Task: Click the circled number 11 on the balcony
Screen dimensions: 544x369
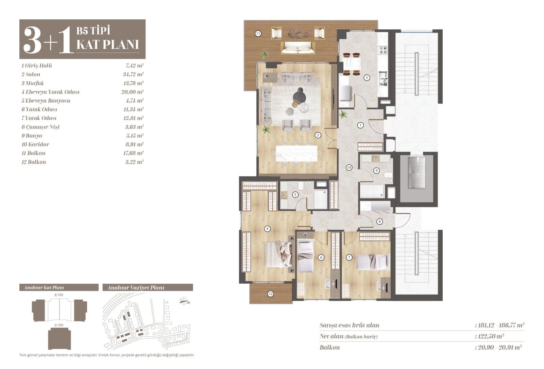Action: [x=258, y=34]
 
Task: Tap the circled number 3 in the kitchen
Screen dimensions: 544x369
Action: [x=367, y=78]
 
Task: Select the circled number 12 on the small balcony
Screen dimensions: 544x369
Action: [x=271, y=294]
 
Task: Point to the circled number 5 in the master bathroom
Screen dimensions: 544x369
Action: [x=295, y=194]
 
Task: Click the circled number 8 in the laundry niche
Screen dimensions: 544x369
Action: [x=379, y=222]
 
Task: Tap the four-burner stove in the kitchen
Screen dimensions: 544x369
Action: [x=383, y=50]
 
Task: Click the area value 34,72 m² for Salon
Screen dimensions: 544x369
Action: [x=133, y=74]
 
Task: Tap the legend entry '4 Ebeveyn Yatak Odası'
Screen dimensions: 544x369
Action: [x=51, y=92]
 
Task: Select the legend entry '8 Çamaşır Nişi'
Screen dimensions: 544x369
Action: [x=40, y=127]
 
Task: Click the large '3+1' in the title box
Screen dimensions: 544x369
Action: [x=48, y=40]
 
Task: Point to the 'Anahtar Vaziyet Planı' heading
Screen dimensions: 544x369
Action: [x=136, y=288]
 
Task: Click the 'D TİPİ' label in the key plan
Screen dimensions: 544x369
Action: [x=59, y=325]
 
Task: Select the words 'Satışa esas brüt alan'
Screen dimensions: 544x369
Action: [x=350, y=325]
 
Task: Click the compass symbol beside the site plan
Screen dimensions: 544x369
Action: [x=185, y=301]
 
